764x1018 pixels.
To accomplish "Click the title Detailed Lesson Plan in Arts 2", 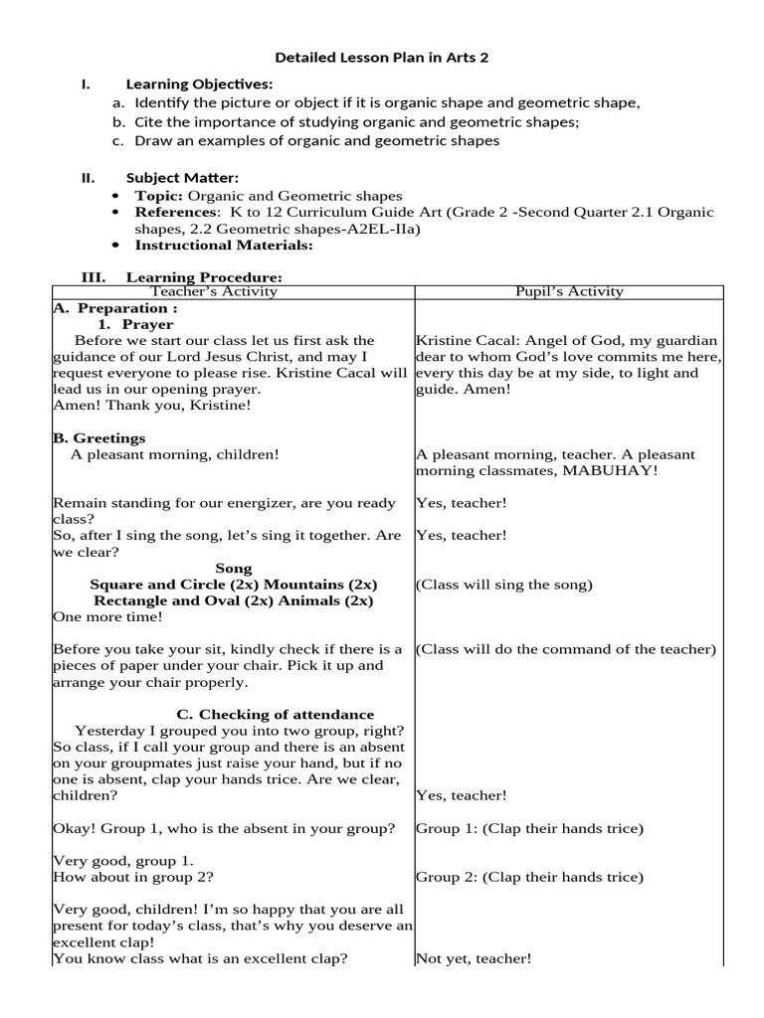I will pos(382,58).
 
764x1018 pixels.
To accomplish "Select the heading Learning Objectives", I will pos(199,85).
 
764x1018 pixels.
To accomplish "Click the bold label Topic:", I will pos(159,196).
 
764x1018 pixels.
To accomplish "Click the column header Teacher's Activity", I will pos(214,291).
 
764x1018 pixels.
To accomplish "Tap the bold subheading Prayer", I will pos(148,324).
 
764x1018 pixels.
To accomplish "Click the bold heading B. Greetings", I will pos(98,438).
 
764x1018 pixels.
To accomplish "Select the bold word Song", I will pos(233,568).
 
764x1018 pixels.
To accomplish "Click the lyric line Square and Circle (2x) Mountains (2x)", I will pos(233,585).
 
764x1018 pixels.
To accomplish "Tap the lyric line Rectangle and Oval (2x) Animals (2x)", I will pos(233,600).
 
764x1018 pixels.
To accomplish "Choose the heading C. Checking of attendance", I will pos(275,715).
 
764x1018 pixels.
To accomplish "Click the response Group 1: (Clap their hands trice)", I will pos(529,828).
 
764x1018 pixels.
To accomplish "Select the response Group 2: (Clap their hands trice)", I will pos(529,877).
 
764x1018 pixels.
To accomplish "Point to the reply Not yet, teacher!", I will pos(474,958).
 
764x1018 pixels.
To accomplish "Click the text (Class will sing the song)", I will pos(504,585).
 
